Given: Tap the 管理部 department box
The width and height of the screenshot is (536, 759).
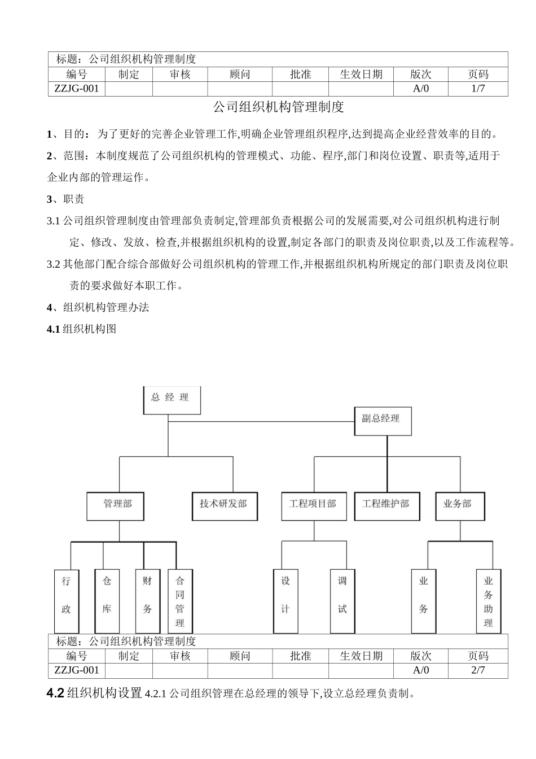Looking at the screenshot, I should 116,505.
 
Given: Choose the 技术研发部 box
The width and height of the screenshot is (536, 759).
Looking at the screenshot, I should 224,505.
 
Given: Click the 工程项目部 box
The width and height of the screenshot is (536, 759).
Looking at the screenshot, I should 313,505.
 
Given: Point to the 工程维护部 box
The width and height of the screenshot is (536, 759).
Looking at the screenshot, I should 387,505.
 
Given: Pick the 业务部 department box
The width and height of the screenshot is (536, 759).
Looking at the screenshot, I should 460,505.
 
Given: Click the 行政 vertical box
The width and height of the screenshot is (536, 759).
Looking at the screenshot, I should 67,600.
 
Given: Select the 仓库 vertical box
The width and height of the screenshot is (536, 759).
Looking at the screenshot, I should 107,600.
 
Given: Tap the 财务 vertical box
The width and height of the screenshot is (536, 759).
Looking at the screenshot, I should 147,600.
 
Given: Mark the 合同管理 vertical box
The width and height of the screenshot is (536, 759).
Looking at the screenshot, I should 180,600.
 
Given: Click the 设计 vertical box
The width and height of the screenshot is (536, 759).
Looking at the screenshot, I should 285,600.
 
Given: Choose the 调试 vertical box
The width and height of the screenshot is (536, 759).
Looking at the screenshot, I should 342,600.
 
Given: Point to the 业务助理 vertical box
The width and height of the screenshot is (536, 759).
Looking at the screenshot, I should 488,601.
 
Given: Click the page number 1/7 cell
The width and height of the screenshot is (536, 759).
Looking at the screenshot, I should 478,89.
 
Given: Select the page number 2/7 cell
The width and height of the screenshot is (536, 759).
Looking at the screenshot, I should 478,670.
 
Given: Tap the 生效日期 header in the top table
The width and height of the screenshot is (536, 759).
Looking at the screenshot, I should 361,75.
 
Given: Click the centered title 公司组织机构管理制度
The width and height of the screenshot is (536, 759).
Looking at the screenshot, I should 278,107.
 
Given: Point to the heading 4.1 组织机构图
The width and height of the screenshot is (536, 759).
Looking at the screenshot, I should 82,329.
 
